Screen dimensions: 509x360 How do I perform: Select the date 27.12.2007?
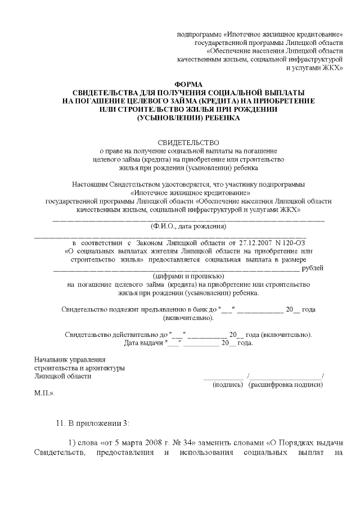coord(256,242)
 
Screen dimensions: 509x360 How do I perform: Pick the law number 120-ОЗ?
coord(292,242)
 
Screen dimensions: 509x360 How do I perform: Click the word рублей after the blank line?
coord(313,268)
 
